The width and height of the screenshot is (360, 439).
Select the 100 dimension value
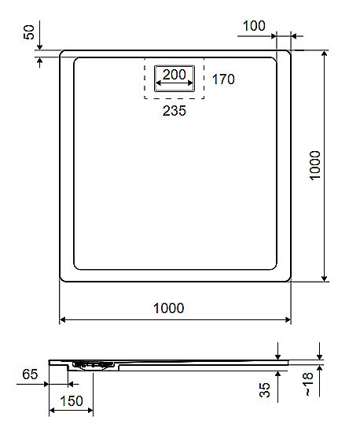pyautogui.click(x=253, y=25)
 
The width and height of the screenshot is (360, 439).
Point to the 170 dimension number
pyautogui.click(x=224, y=79)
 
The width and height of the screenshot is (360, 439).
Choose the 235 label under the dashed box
pyautogui.click(x=174, y=111)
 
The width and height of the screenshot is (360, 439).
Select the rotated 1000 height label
pyautogui.click(x=316, y=165)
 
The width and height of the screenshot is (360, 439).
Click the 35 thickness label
pyautogui.click(x=265, y=389)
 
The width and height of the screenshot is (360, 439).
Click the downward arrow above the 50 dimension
pyautogui.click(x=38, y=46)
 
